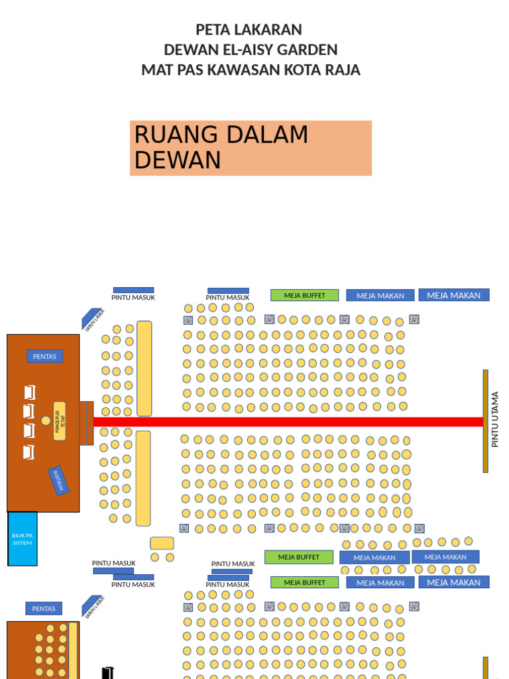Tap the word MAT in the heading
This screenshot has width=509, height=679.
(158, 70)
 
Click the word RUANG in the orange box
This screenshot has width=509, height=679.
(174, 135)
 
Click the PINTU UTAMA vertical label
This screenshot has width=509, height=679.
(495, 419)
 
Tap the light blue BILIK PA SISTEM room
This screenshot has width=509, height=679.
(23, 538)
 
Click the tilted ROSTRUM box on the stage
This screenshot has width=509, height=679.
(59, 480)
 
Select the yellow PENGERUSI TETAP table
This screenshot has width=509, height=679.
(60, 421)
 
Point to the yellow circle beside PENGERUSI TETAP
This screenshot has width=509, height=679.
(46, 420)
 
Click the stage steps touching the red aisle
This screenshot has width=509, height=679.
(86, 423)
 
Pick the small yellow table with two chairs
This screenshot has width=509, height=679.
(162, 544)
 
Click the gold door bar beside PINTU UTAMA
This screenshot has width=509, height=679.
(486, 421)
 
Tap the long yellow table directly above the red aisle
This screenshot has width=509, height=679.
(144, 368)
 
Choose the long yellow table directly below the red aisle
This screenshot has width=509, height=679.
(143, 477)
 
